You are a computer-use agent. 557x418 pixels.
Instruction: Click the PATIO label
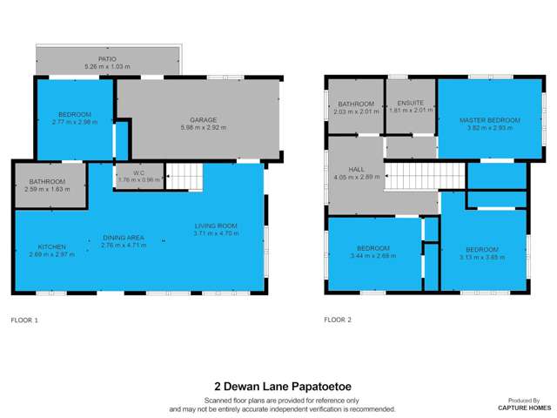point(107,59)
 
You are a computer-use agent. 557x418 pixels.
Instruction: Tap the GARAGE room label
point(203,120)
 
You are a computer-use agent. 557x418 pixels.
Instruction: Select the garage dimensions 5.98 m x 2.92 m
point(203,128)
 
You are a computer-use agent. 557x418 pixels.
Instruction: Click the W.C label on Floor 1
point(127,172)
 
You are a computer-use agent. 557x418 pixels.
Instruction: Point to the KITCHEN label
point(52,247)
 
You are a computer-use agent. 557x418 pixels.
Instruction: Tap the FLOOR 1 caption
point(25,320)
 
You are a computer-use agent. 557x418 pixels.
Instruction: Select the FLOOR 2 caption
point(338,320)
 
